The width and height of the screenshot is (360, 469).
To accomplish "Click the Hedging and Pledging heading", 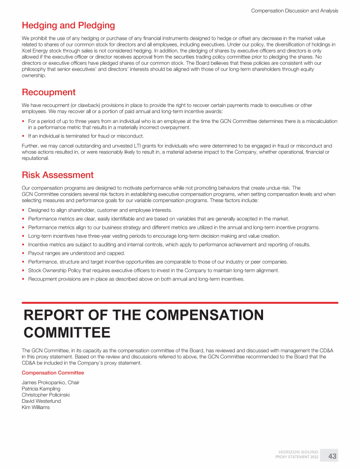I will click(68, 25).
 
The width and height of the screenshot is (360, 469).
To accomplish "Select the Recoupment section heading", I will click(49, 92).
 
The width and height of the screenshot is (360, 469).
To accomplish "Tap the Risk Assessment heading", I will click(58, 175).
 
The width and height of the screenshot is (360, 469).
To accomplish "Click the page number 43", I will click(332, 456).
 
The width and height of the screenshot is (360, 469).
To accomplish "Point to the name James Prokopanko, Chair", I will click(51, 383).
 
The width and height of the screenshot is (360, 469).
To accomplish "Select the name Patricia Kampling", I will click(41, 389).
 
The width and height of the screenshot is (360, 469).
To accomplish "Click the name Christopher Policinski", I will click(46, 395).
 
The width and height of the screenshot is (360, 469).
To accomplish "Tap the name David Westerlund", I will click(41, 401).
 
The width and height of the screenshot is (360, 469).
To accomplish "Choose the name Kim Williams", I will click(36, 407).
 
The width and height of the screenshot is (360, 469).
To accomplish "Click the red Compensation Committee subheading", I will click(53, 373).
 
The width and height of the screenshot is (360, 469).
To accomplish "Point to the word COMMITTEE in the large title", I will click(67, 333).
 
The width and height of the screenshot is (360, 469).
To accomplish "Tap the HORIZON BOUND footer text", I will click(299, 452).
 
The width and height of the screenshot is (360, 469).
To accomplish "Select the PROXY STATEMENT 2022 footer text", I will click(297, 457).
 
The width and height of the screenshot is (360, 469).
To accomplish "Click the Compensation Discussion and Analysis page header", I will click(294, 10).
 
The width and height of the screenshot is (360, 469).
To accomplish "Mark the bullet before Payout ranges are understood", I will click(23, 253).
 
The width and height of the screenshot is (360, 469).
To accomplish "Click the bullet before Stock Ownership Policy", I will click(23, 271).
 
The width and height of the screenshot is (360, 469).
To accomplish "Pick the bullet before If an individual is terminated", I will click(23, 136).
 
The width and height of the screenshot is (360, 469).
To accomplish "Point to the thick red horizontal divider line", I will click(180, 303).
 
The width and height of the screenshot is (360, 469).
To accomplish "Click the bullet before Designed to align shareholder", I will click(23, 211).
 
